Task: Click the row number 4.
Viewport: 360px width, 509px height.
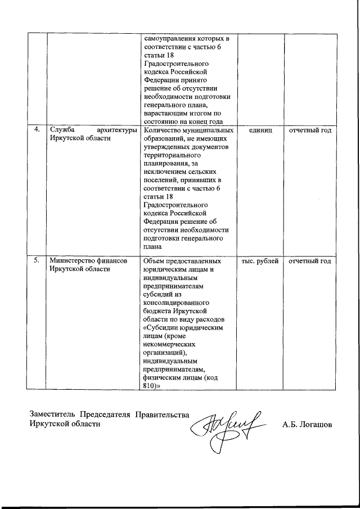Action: (x=37, y=130)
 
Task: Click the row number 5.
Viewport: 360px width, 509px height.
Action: (x=37, y=260)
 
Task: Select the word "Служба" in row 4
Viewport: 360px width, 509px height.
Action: (x=61, y=130)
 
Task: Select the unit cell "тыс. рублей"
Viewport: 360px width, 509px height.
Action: (x=260, y=260)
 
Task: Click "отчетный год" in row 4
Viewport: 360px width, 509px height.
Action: (x=310, y=130)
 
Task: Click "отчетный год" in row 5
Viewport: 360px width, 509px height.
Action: (x=310, y=260)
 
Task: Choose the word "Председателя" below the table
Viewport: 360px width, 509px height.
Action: (x=105, y=415)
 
